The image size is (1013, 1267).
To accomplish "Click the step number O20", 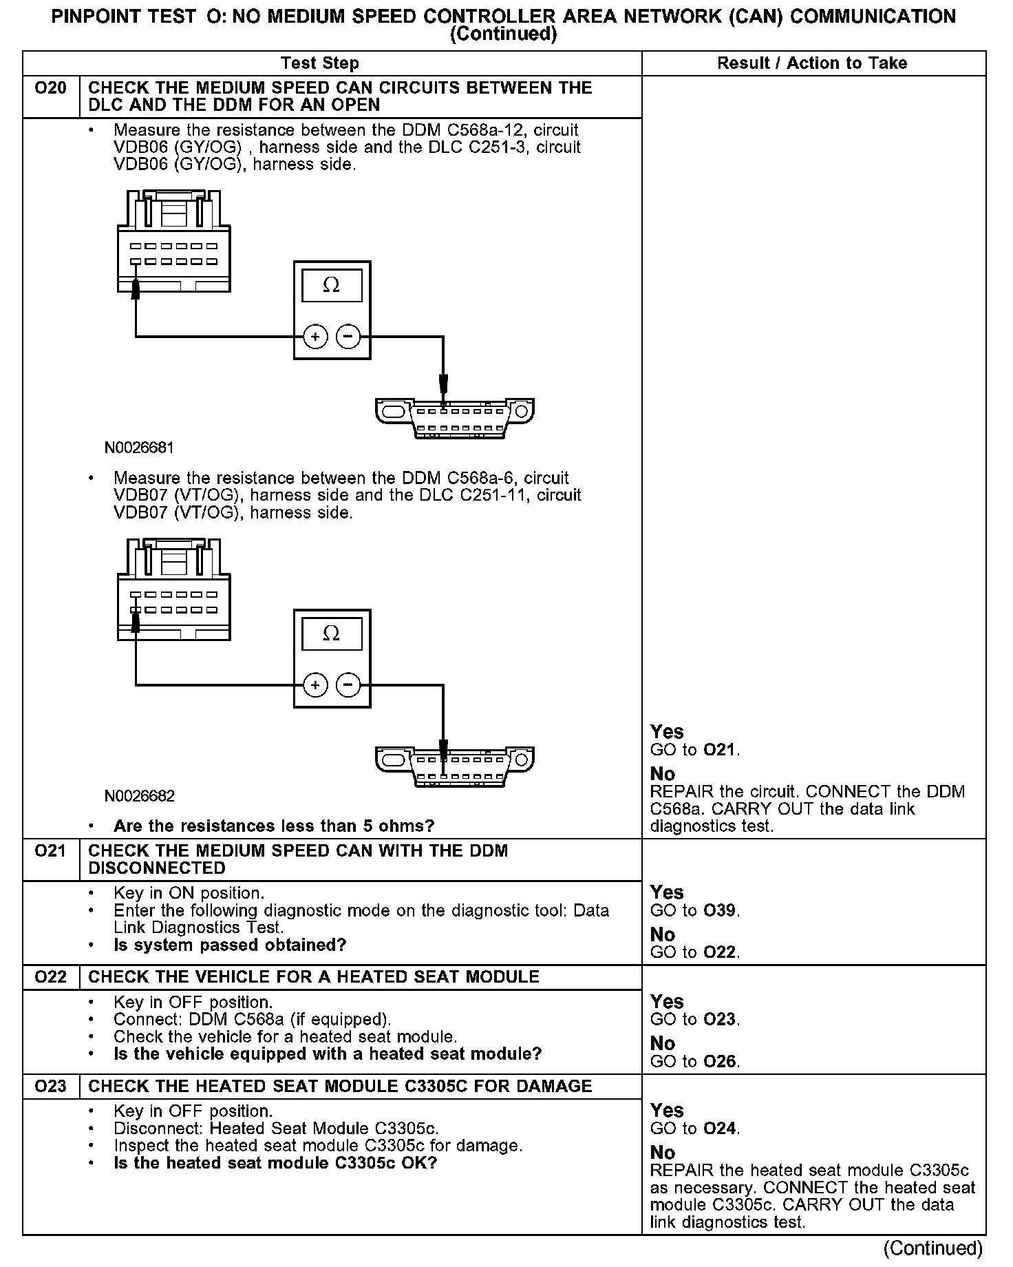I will pos(50,88).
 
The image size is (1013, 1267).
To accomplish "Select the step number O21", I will pos(50,851).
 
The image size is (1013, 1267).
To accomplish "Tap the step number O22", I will pos(50,977).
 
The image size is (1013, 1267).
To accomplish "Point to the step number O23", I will pos(50,1086).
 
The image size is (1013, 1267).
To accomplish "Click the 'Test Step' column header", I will pos(319,63).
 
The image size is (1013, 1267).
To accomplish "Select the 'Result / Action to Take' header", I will pos(812,63).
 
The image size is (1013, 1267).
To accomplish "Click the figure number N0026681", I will pos(139,448).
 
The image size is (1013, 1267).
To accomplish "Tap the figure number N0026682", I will pos(139,797).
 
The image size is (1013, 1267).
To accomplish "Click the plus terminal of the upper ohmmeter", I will pos(315,337).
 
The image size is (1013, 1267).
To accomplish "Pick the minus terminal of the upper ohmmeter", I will pos(348,337).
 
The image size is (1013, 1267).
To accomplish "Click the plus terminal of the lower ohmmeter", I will pos(315,685).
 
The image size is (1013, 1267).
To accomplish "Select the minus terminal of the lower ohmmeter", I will pos(348,685).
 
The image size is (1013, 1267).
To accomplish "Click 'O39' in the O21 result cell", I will pos(720,911).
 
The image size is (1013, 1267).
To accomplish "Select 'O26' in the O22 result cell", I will pos(720,1062).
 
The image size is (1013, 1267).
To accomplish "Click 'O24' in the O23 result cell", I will pos(720,1129).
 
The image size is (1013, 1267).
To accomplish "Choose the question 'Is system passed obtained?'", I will pos(230,945).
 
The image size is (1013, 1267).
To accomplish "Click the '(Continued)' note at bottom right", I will pos(932,1248).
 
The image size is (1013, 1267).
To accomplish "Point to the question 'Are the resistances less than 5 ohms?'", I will pos(274,826).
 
